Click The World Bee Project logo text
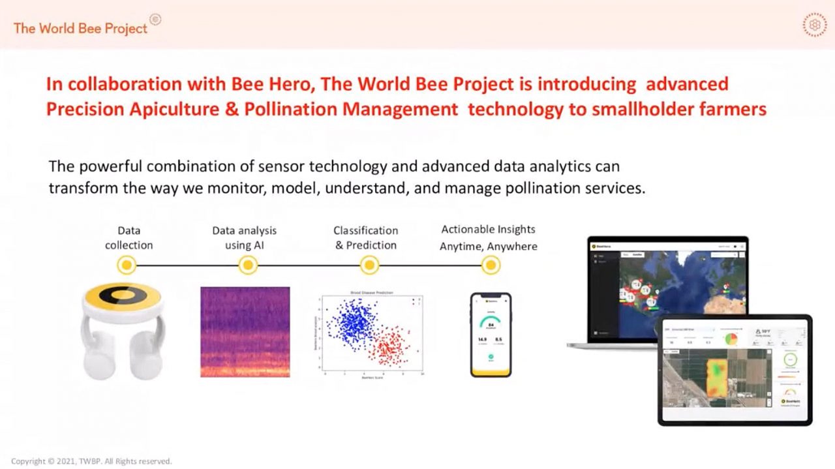(x=80, y=28)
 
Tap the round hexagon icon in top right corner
(x=814, y=25)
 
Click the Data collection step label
(x=129, y=238)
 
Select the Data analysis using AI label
(x=244, y=238)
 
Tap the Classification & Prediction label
(x=365, y=238)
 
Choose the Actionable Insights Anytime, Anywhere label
(x=488, y=238)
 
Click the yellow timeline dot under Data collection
(x=127, y=265)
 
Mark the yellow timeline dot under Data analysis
(x=247, y=265)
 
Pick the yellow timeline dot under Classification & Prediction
(x=369, y=265)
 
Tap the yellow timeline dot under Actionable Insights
(x=491, y=265)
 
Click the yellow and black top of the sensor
(x=122, y=297)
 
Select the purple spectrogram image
(x=245, y=331)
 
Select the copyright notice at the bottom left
(x=91, y=461)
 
